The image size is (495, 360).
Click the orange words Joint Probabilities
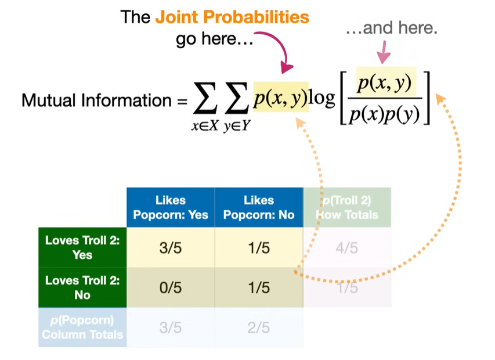[232, 17]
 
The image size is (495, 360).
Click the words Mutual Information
[96, 100]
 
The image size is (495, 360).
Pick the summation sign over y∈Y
[235, 101]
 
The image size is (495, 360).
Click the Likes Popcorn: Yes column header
[171, 207]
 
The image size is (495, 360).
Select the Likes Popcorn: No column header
[259, 207]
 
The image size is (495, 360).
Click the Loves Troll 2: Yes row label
[82, 247]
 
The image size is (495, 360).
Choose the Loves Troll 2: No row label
[82, 287]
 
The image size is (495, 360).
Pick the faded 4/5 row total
[346, 248]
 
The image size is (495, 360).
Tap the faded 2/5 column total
[259, 327]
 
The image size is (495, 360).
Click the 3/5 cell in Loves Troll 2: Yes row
[171, 248]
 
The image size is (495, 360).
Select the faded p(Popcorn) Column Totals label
[82, 327]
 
